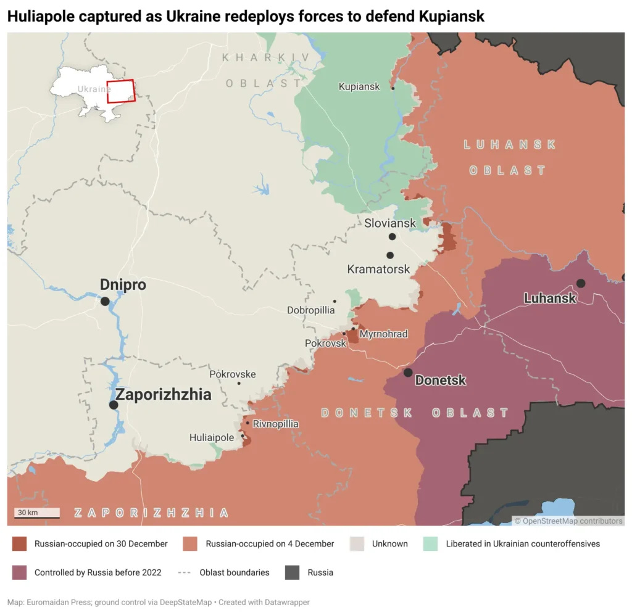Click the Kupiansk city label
pyautogui.click(x=359, y=87)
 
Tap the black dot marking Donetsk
pyautogui.click(x=408, y=373)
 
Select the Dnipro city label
pyautogui.click(x=123, y=285)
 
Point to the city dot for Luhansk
pyautogui.click(x=581, y=283)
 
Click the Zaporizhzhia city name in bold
pyautogui.click(x=164, y=395)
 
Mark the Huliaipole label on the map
pyautogui.click(x=212, y=437)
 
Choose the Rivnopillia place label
pyautogui.click(x=275, y=424)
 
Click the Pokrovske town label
pyautogui.click(x=232, y=374)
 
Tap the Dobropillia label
pyautogui.click(x=311, y=310)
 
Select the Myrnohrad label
pyautogui.click(x=383, y=334)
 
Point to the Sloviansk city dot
pyautogui.click(x=392, y=237)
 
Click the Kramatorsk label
pyautogui.click(x=378, y=270)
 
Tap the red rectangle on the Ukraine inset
pyautogui.click(x=120, y=91)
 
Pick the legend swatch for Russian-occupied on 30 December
pyautogui.click(x=20, y=543)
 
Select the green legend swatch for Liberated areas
pyautogui.click(x=431, y=543)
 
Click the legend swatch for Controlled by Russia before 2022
pyautogui.click(x=20, y=572)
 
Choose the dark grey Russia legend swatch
pyautogui.click(x=293, y=572)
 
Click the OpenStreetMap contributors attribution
pyautogui.click(x=568, y=521)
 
